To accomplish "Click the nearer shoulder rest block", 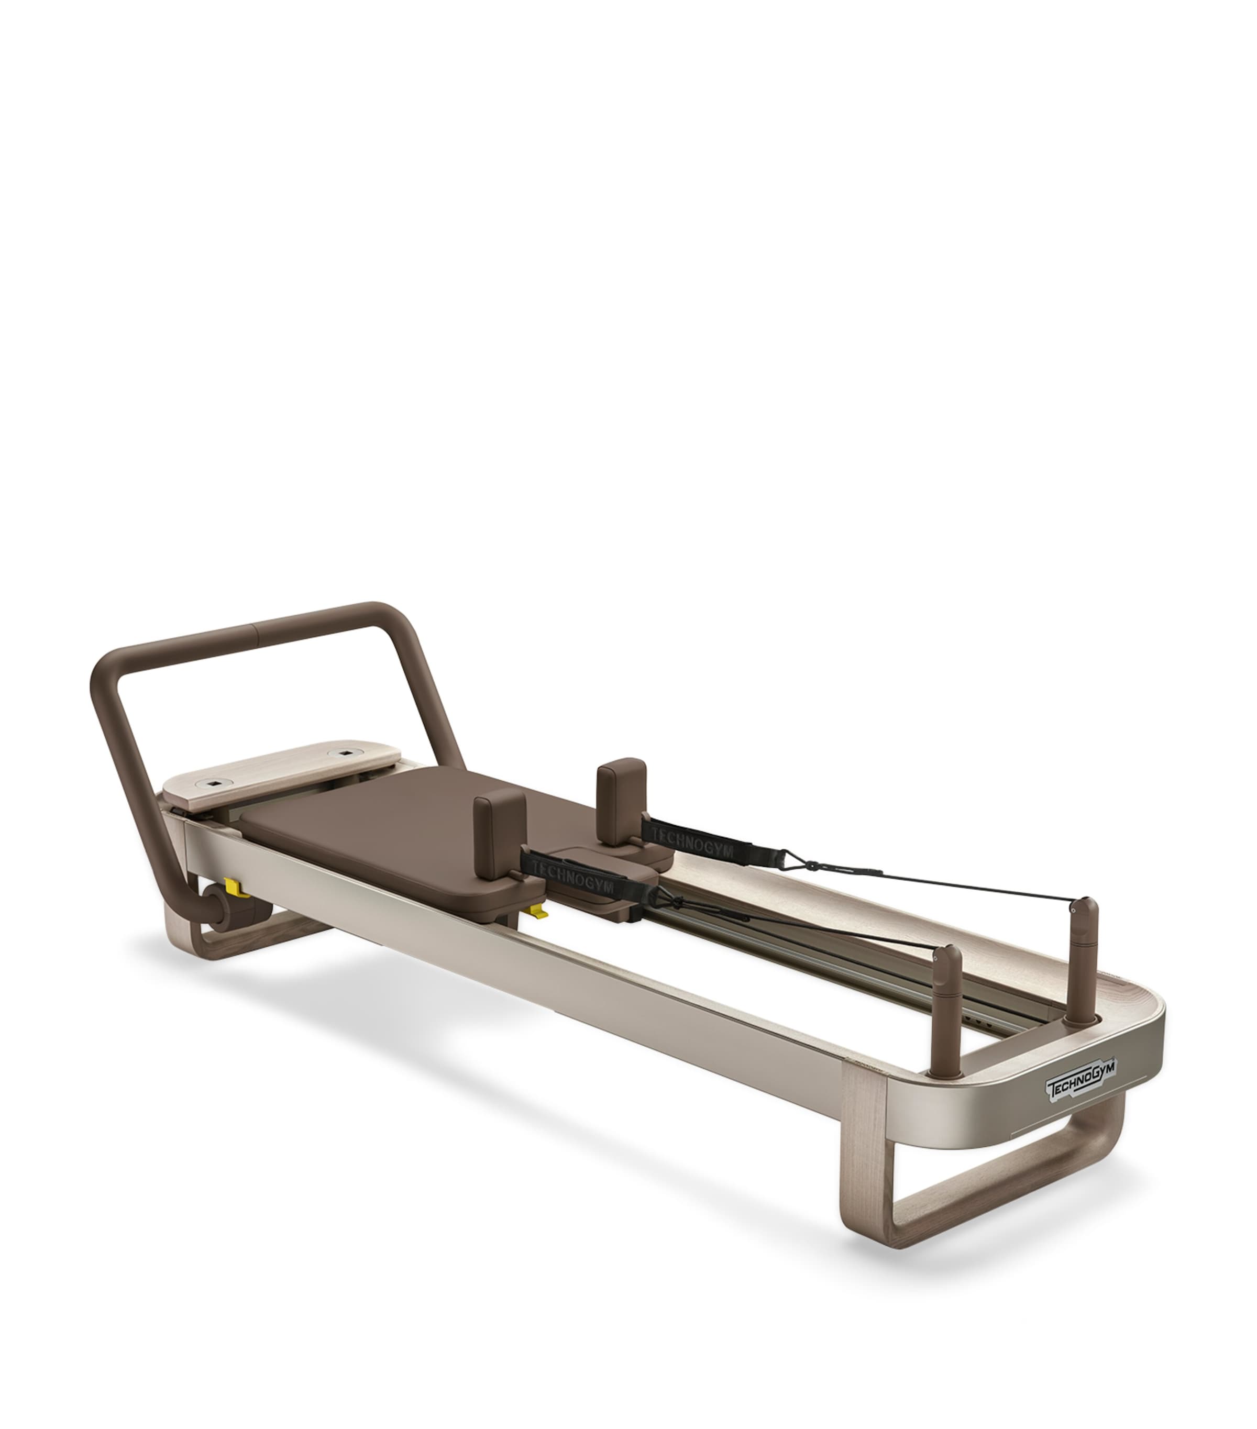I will click(x=499, y=824).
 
